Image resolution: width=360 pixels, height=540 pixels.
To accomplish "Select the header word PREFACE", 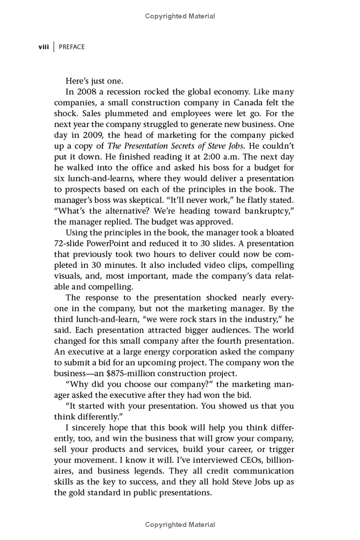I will (72, 47).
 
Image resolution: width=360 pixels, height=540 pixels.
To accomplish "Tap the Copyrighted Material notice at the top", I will (180, 16).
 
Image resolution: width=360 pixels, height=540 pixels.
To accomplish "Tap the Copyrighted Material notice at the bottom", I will (180, 525).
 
